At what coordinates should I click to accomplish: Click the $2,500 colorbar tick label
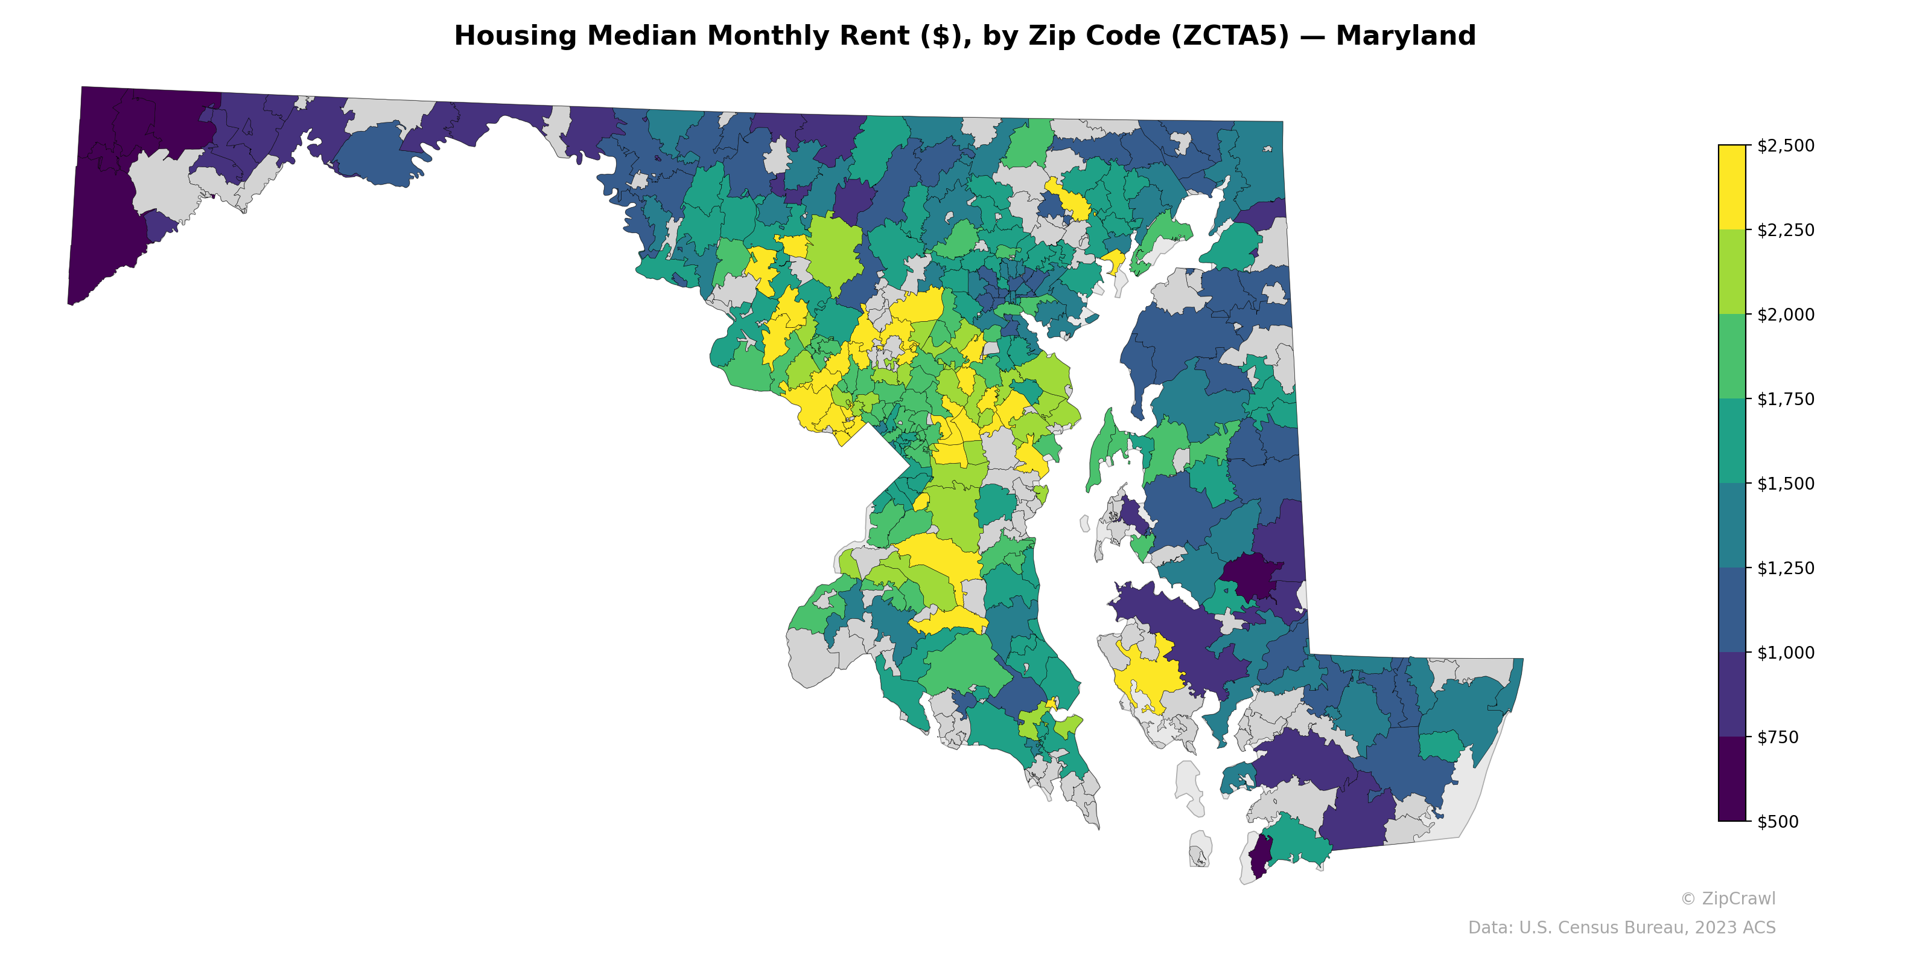[1786, 146]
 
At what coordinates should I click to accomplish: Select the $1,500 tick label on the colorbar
[1786, 484]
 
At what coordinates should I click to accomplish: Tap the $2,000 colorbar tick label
[1786, 314]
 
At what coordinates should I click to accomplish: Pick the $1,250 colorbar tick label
[1786, 568]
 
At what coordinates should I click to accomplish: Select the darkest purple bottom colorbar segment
[1732, 779]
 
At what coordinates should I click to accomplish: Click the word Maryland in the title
[1405, 36]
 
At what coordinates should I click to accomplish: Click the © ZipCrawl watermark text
[1728, 898]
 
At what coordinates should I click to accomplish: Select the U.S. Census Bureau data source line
[1621, 928]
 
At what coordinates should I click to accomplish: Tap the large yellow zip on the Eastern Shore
[1147, 671]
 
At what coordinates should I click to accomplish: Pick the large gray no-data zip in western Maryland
[161, 184]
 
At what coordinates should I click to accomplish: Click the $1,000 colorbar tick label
[1786, 653]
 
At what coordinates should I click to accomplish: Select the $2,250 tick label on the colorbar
[1786, 230]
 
